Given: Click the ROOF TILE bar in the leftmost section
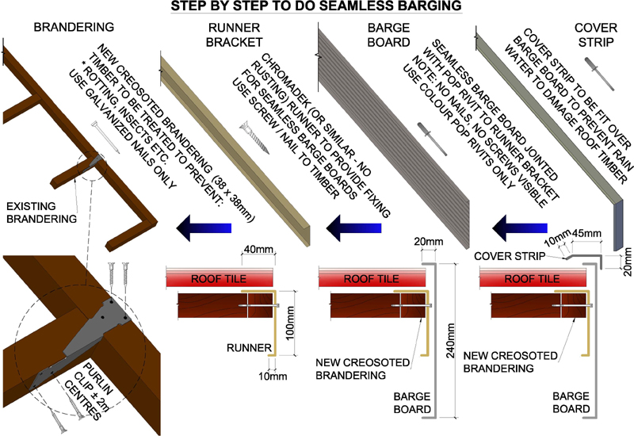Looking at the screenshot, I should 218,278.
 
